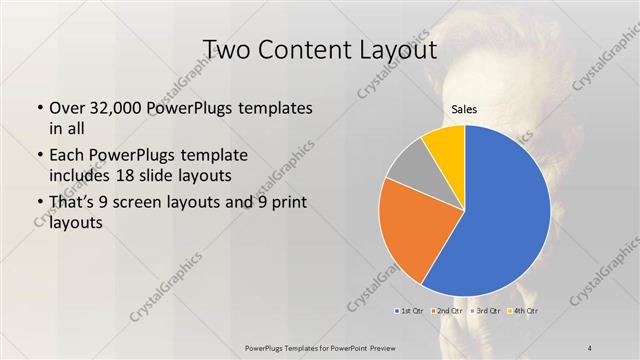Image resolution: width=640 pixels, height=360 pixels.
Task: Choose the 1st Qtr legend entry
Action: click(x=411, y=311)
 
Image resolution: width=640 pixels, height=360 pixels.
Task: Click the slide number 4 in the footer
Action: click(x=590, y=347)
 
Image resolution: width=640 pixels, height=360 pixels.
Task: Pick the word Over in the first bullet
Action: click(x=66, y=109)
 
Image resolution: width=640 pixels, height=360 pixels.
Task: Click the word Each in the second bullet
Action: click(x=66, y=157)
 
